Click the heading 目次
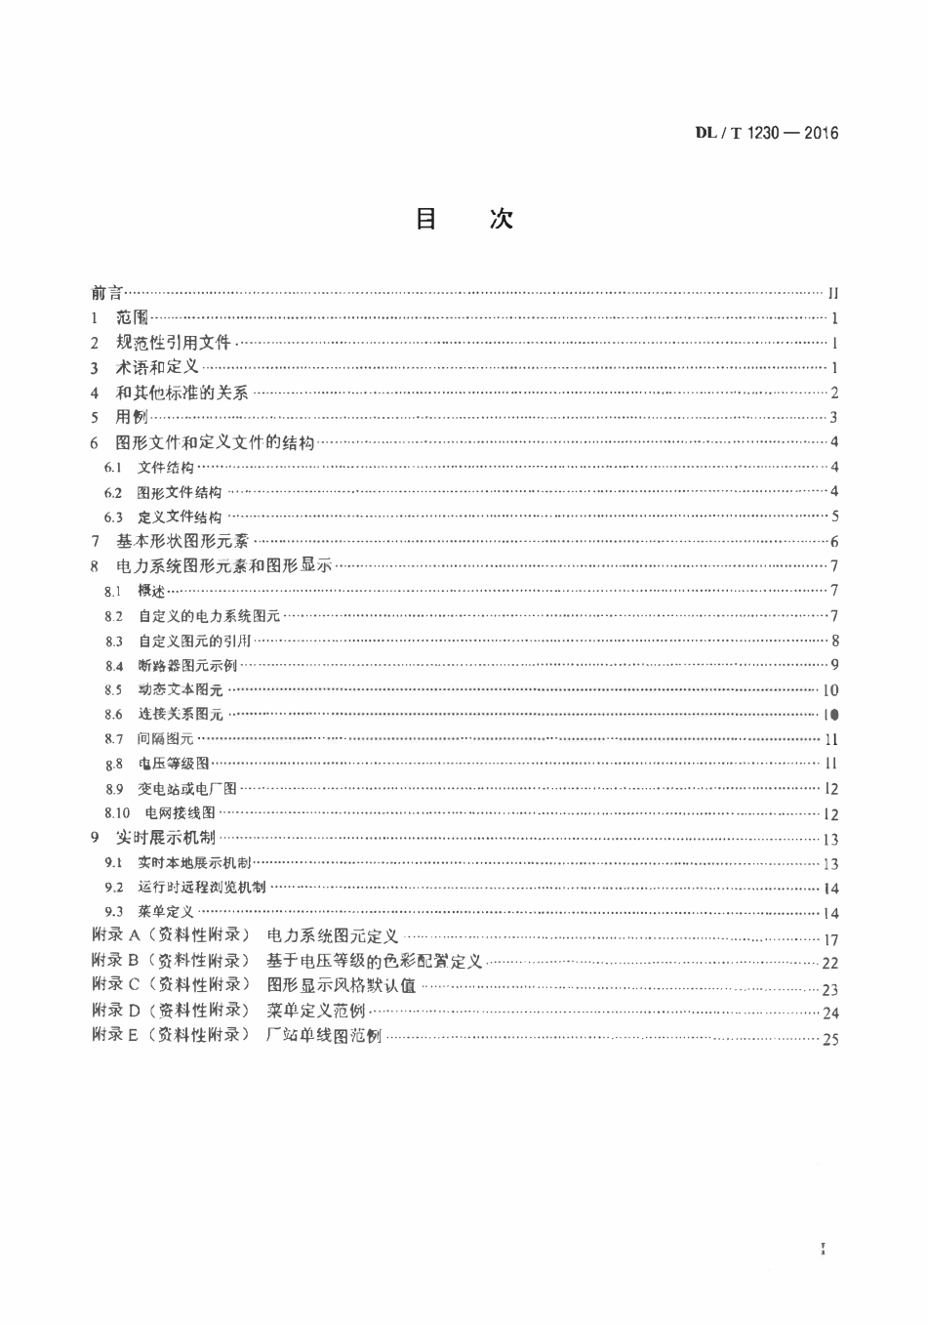[463, 219]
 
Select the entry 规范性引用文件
[173, 343]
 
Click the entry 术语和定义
[157, 367]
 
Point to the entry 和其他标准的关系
[181, 393]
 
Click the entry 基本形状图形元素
[182, 541]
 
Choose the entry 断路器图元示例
[187, 666]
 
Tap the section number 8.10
[117, 813]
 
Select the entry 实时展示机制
[165, 838]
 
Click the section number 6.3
[113, 518]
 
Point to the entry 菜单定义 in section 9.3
[166, 913]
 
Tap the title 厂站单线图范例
[324, 1036]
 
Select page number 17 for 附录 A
[830, 940]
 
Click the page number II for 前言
[832, 293]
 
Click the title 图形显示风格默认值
[341, 986]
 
